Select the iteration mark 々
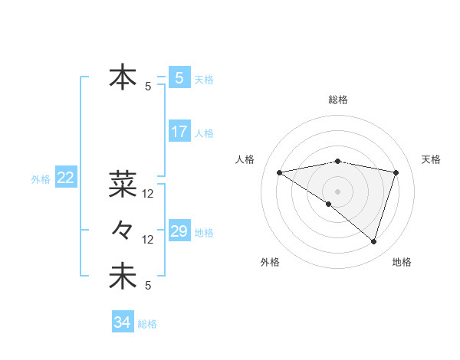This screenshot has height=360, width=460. click(x=123, y=229)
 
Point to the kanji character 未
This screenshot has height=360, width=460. click(x=123, y=277)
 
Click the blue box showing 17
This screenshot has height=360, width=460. click(x=179, y=132)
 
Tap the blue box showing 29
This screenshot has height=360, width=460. click(x=179, y=231)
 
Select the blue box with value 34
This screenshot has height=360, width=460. click(x=122, y=322)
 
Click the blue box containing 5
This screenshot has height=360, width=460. click(x=179, y=77)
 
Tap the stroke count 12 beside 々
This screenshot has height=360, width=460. click(x=148, y=240)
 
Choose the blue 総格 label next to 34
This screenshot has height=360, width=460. click(x=147, y=324)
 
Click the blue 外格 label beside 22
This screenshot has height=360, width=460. click(x=41, y=179)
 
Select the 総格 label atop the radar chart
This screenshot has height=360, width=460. click(x=337, y=100)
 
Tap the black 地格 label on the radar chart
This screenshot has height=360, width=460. click(x=402, y=263)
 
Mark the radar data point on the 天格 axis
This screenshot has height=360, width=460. click(x=396, y=172)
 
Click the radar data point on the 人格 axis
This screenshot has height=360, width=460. click(x=279, y=172)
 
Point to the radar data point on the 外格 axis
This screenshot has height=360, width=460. click(x=329, y=204)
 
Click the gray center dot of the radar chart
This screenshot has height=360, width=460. click(x=337, y=191)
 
